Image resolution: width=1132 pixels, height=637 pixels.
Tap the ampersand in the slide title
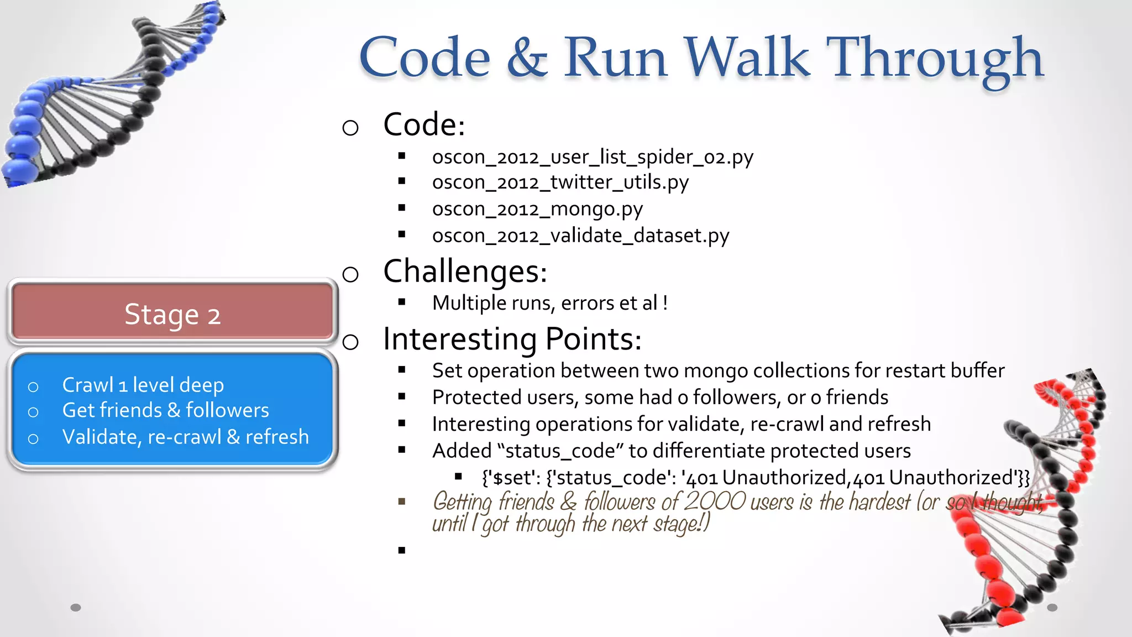pyautogui.click(x=527, y=59)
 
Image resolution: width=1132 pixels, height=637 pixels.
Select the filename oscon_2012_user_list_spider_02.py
pyautogui.click(x=593, y=157)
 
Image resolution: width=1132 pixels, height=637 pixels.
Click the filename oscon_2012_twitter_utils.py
pyautogui.click(x=560, y=182)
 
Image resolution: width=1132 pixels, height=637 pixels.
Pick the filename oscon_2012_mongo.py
pyautogui.click(x=537, y=209)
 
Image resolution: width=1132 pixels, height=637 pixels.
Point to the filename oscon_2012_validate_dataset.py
pyautogui.click(x=580, y=236)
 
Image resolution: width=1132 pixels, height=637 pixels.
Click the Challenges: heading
pyautogui.click(x=465, y=271)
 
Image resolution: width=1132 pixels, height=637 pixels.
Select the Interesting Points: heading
pyautogui.click(x=512, y=339)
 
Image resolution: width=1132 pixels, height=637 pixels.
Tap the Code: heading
pyautogui.click(x=424, y=124)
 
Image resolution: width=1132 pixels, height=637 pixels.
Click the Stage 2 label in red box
pyautogui.click(x=172, y=315)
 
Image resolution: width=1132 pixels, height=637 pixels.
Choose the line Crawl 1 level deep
pyautogui.click(x=143, y=385)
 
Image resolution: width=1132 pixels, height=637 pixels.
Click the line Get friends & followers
pyautogui.click(x=165, y=410)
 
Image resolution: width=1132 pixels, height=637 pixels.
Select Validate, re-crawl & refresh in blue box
pyautogui.click(x=185, y=437)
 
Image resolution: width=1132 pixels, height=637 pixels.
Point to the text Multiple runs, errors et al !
pyautogui.click(x=550, y=303)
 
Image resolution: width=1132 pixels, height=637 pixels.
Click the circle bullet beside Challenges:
pyautogui.click(x=350, y=274)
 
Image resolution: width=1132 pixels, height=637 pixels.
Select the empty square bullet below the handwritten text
pyautogui.click(x=402, y=550)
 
